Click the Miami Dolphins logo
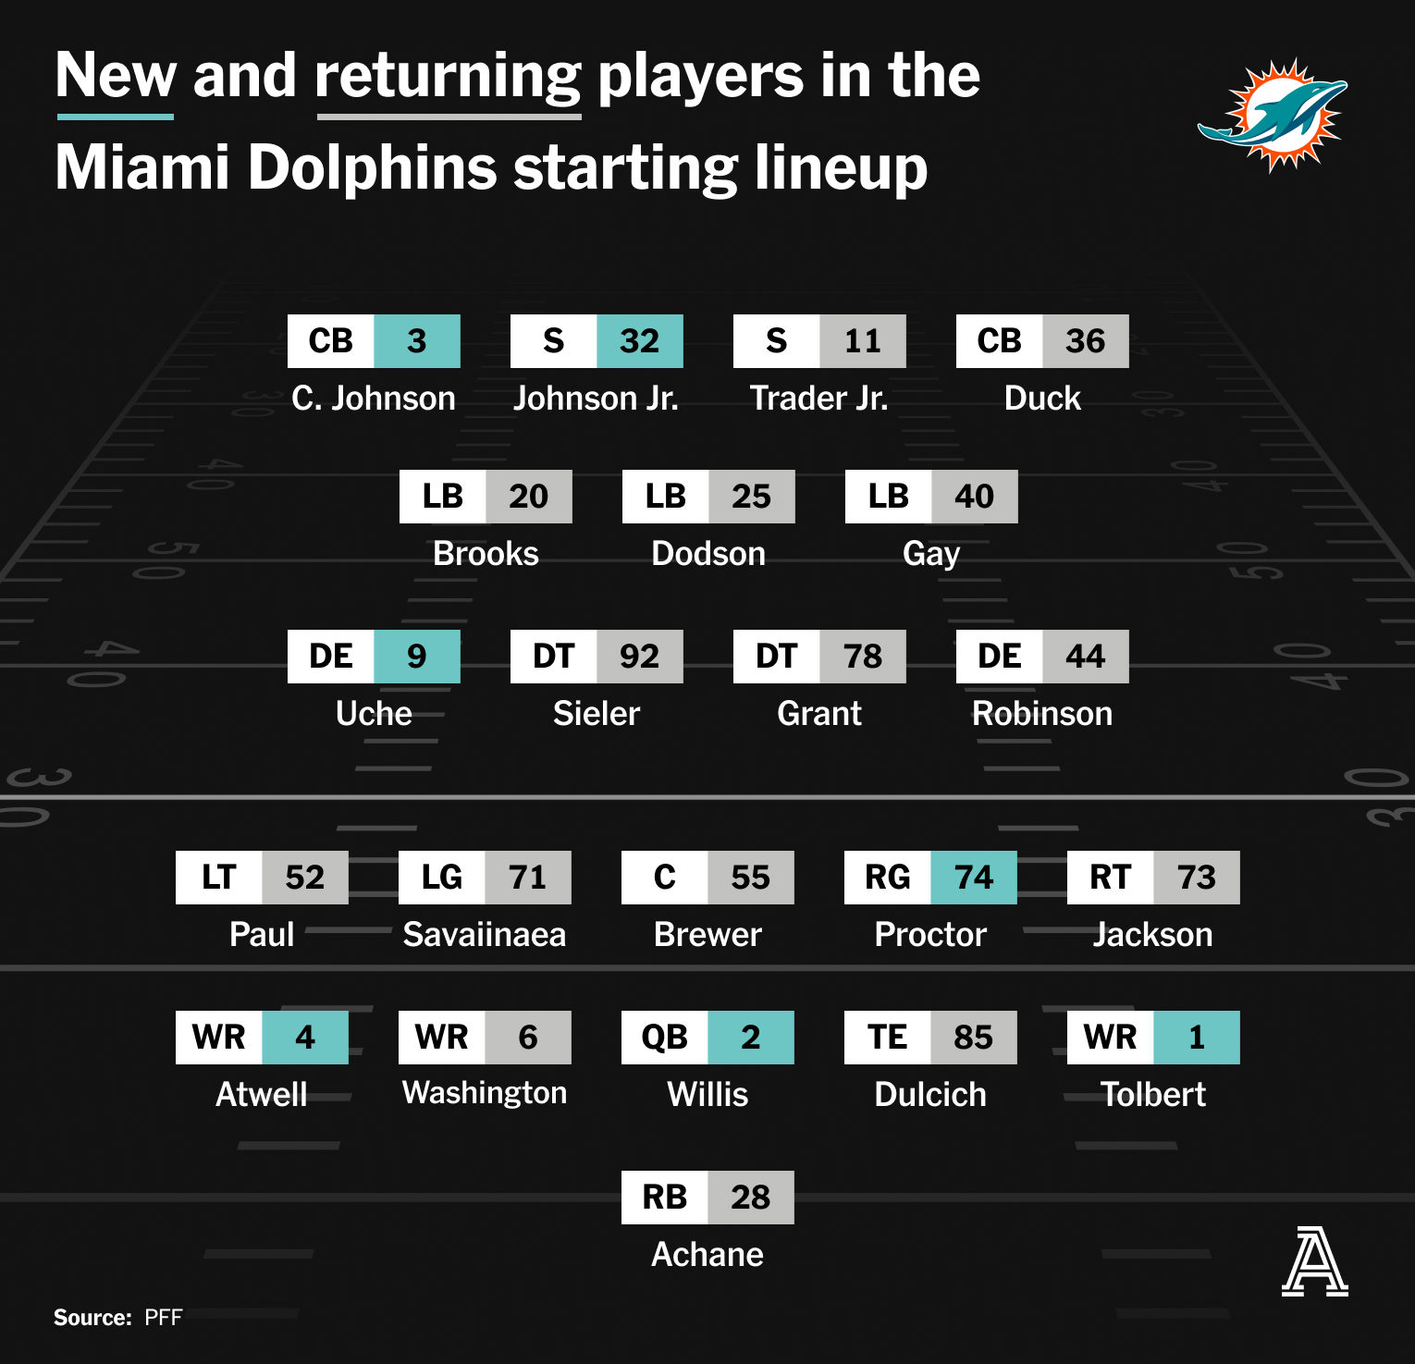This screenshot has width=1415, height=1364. (x=1273, y=115)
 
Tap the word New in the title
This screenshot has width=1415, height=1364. (x=116, y=75)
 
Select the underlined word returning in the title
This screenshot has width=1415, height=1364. (x=449, y=78)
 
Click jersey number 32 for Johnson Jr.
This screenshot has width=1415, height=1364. (x=640, y=341)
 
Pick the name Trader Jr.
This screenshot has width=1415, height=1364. (x=818, y=399)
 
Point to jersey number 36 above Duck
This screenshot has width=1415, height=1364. (x=1086, y=341)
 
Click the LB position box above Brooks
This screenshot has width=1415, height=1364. (x=443, y=497)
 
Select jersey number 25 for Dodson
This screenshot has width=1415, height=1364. (x=752, y=497)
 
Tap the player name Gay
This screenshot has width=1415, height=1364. (x=931, y=555)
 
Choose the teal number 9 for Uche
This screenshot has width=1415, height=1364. (x=417, y=657)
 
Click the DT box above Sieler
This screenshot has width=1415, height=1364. (x=554, y=657)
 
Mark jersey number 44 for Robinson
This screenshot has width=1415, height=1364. (x=1086, y=657)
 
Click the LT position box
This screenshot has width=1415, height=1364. (x=219, y=878)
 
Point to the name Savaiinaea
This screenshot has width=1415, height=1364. (x=485, y=935)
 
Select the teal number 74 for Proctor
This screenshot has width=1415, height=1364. (x=974, y=878)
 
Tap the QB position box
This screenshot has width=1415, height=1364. (x=665, y=1038)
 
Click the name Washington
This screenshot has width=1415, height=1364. (x=485, y=1094)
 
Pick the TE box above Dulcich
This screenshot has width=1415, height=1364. (x=888, y=1038)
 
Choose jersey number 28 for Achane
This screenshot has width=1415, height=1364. (x=751, y=1198)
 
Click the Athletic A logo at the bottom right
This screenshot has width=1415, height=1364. (x=1315, y=1261)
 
